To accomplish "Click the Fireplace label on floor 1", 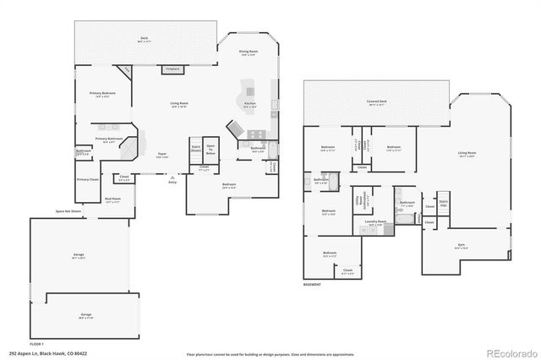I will point(172,68).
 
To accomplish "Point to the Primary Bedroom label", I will point(102,95).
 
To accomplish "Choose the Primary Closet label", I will point(88,179).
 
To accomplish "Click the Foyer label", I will point(161,155).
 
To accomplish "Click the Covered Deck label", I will point(377,102).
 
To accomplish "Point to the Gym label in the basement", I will point(462,246).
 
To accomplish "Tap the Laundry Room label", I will point(376,224).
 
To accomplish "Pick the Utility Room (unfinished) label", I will point(358,202).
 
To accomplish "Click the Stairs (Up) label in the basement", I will point(443,203).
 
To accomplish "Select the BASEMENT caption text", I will point(312,285).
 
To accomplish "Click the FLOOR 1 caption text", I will point(36,344).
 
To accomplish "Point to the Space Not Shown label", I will point(68,210).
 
